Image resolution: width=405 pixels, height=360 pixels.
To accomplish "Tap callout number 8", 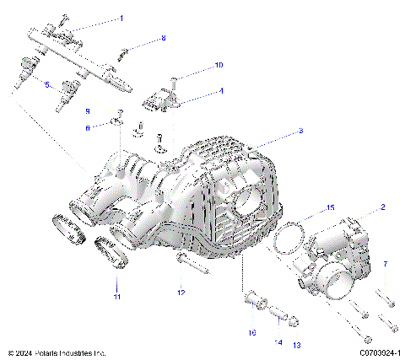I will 164,39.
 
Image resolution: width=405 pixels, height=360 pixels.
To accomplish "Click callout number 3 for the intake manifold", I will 300,132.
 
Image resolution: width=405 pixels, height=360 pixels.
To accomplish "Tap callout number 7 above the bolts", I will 385,264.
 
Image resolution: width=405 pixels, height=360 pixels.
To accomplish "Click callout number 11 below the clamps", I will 117,297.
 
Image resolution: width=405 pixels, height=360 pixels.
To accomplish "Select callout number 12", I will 180,293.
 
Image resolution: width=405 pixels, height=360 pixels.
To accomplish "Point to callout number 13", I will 296,345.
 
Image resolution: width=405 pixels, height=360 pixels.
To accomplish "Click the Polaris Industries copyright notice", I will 56,352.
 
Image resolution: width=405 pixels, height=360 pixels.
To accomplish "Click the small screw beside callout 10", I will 172,83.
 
